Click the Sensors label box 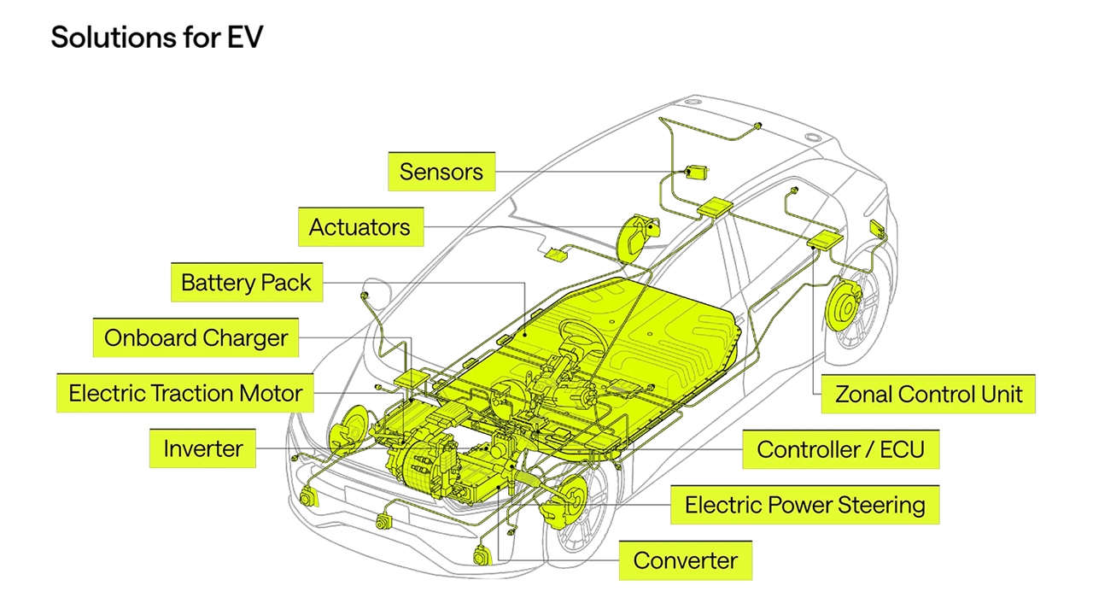point(441,172)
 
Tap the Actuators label point(359,227)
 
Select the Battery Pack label point(246,283)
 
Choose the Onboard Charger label point(196,337)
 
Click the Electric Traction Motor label point(185,394)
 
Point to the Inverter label point(202,448)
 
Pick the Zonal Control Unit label point(928,395)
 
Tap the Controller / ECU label point(840,449)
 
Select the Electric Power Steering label point(804,505)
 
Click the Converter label point(685,561)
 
